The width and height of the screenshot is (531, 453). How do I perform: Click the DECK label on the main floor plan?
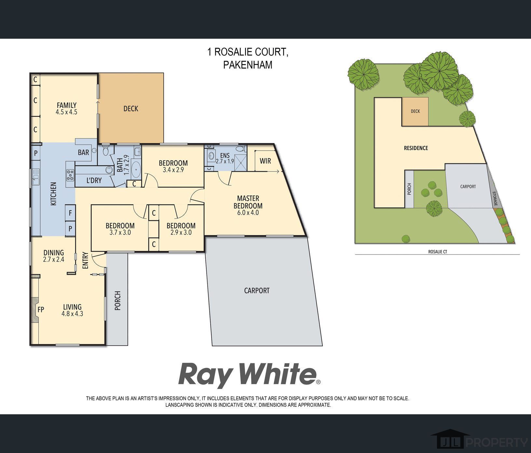click(x=131, y=109)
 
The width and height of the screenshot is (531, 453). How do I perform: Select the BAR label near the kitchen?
click(x=84, y=152)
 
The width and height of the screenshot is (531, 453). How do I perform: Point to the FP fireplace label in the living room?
click(x=41, y=309)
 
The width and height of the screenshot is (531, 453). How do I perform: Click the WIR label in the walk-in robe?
click(x=265, y=161)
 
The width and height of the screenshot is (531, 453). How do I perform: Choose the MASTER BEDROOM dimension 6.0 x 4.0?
click(x=248, y=213)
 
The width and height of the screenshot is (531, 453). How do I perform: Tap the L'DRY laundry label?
click(x=94, y=180)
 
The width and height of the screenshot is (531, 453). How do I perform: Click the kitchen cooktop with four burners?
click(x=70, y=175)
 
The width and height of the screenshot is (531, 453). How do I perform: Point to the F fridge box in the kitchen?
click(x=70, y=213)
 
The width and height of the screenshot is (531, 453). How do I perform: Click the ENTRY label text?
click(x=85, y=260)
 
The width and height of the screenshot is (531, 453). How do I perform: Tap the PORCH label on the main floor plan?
click(x=118, y=300)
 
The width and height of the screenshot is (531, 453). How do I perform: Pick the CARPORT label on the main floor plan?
click(x=257, y=291)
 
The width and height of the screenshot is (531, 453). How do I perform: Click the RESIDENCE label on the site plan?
click(x=416, y=148)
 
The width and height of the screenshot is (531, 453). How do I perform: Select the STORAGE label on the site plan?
click(x=495, y=199)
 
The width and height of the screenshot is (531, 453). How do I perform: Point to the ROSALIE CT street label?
click(x=438, y=252)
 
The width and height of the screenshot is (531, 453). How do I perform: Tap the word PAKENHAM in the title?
click(x=248, y=65)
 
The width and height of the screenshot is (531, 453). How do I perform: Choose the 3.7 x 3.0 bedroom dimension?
click(x=120, y=233)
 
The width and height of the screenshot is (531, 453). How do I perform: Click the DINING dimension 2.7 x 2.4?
click(x=54, y=260)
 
